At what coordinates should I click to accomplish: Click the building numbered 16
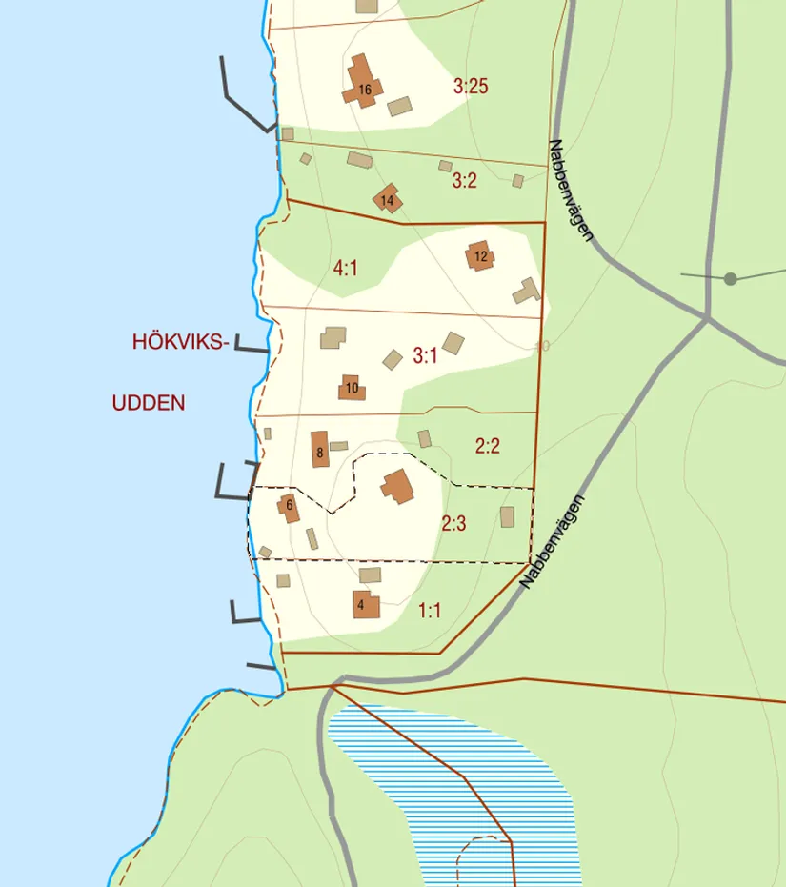click(x=363, y=84)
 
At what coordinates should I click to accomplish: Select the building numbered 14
click(x=387, y=199)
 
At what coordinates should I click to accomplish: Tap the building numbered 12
click(x=480, y=255)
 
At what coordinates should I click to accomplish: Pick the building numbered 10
click(x=352, y=388)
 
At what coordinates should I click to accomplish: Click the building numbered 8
click(x=320, y=449)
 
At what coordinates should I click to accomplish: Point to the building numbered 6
click(x=289, y=507)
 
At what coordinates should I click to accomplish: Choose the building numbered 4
click(x=365, y=603)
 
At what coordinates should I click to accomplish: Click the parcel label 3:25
click(x=471, y=87)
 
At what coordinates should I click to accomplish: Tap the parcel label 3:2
click(x=464, y=180)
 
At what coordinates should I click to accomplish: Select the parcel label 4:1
click(x=345, y=270)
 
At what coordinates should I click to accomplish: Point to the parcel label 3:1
click(x=425, y=357)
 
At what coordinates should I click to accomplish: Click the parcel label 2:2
click(x=487, y=445)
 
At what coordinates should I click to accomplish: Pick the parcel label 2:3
click(x=453, y=523)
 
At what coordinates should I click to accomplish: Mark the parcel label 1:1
click(x=430, y=611)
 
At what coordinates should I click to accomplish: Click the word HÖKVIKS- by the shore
click(x=181, y=343)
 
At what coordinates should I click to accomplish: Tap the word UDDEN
click(x=148, y=403)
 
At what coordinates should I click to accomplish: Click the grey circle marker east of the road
click(x=730, y=279)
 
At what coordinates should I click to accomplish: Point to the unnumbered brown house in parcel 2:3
click(x=398, y=487)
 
